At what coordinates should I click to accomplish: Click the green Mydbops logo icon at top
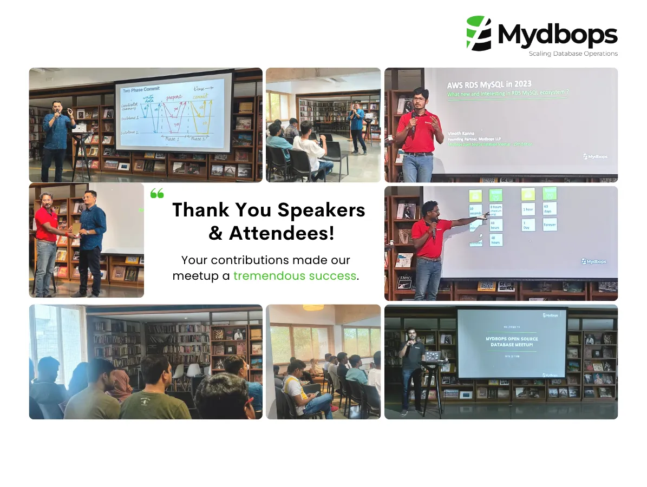coord(479,34)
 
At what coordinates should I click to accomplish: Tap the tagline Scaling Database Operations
coord(573,54)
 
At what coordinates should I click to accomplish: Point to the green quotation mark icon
coord(156,193)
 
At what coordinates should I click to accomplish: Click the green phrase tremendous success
coord(295,276)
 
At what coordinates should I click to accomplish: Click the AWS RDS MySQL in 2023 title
coord(489,84)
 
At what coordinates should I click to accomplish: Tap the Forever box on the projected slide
coord(549,224)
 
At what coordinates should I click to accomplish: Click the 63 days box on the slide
coord(549,208)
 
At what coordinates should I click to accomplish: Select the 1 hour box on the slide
coord(528,209)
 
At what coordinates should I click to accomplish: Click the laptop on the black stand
coord(433,356)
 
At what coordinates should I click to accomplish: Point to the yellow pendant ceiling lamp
coord(313,307)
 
